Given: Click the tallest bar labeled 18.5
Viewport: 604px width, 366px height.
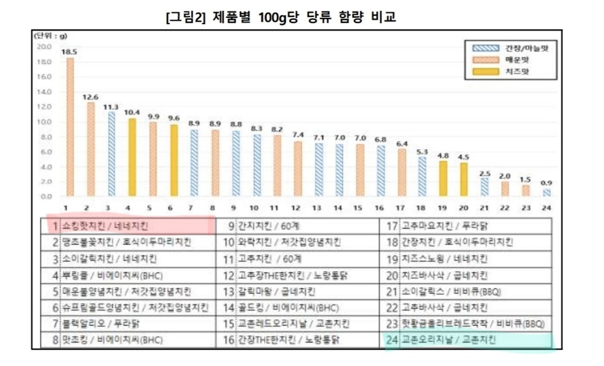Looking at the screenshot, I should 70,127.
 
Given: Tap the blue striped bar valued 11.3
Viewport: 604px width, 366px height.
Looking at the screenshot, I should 111,154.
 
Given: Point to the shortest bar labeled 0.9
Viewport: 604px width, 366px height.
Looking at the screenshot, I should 546,193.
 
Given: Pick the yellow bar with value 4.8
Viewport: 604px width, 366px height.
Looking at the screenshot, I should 443,178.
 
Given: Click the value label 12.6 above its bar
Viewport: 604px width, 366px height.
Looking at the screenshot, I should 91,97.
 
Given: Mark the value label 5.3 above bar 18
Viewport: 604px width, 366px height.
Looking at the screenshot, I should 422,151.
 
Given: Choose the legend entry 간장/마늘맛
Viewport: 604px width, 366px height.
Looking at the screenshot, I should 510,48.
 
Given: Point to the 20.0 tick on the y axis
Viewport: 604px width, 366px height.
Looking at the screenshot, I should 43,47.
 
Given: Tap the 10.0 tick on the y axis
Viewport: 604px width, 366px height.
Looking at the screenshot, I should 43,121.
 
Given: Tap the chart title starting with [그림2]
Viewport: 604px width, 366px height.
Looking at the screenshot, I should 281,16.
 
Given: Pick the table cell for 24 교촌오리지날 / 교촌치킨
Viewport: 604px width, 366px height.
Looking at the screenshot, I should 468,341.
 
